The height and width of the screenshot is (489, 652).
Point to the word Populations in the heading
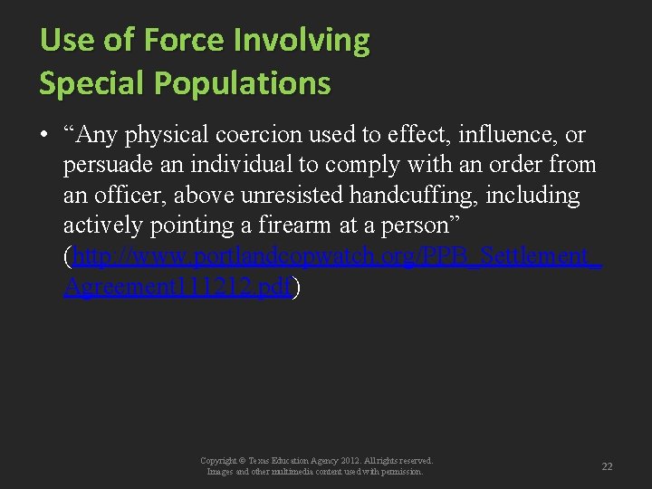point(243,83)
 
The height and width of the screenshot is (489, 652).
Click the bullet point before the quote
point(43,136)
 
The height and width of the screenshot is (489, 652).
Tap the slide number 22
point(607,466)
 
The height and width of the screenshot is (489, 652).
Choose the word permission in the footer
point(400,472)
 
